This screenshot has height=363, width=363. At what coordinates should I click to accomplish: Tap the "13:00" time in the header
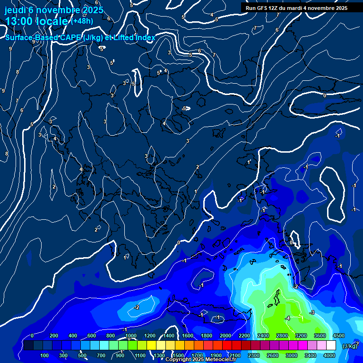click(x=18, y=21)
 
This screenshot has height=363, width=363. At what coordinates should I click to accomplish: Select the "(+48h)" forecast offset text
click(x=82, y=21)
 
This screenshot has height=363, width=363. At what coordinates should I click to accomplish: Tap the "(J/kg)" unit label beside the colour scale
click(x=349, y=346)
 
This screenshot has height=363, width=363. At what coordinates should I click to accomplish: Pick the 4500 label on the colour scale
click(x=338, y=336)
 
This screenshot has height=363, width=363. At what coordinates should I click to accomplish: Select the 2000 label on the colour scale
click(x=225, y=336)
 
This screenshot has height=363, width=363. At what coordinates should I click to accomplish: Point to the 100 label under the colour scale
click(x=44, y=355)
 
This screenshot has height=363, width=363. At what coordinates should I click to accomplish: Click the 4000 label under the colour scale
click(x=329, y=355)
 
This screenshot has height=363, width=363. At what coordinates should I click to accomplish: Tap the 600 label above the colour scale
click(x=92, y=336)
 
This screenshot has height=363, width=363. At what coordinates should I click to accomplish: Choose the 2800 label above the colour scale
click(x=282, y=336)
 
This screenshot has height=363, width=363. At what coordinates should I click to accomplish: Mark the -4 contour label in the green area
click(x=287, y=318)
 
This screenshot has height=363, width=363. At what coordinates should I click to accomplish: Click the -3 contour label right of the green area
click(x=312, y=312)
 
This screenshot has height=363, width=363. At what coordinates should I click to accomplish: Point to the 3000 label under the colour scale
click(x=292, y=355)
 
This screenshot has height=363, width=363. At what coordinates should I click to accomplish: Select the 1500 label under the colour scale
click(x=178, y=355)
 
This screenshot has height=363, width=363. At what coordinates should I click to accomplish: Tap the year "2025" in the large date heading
click(x=93, y=10)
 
